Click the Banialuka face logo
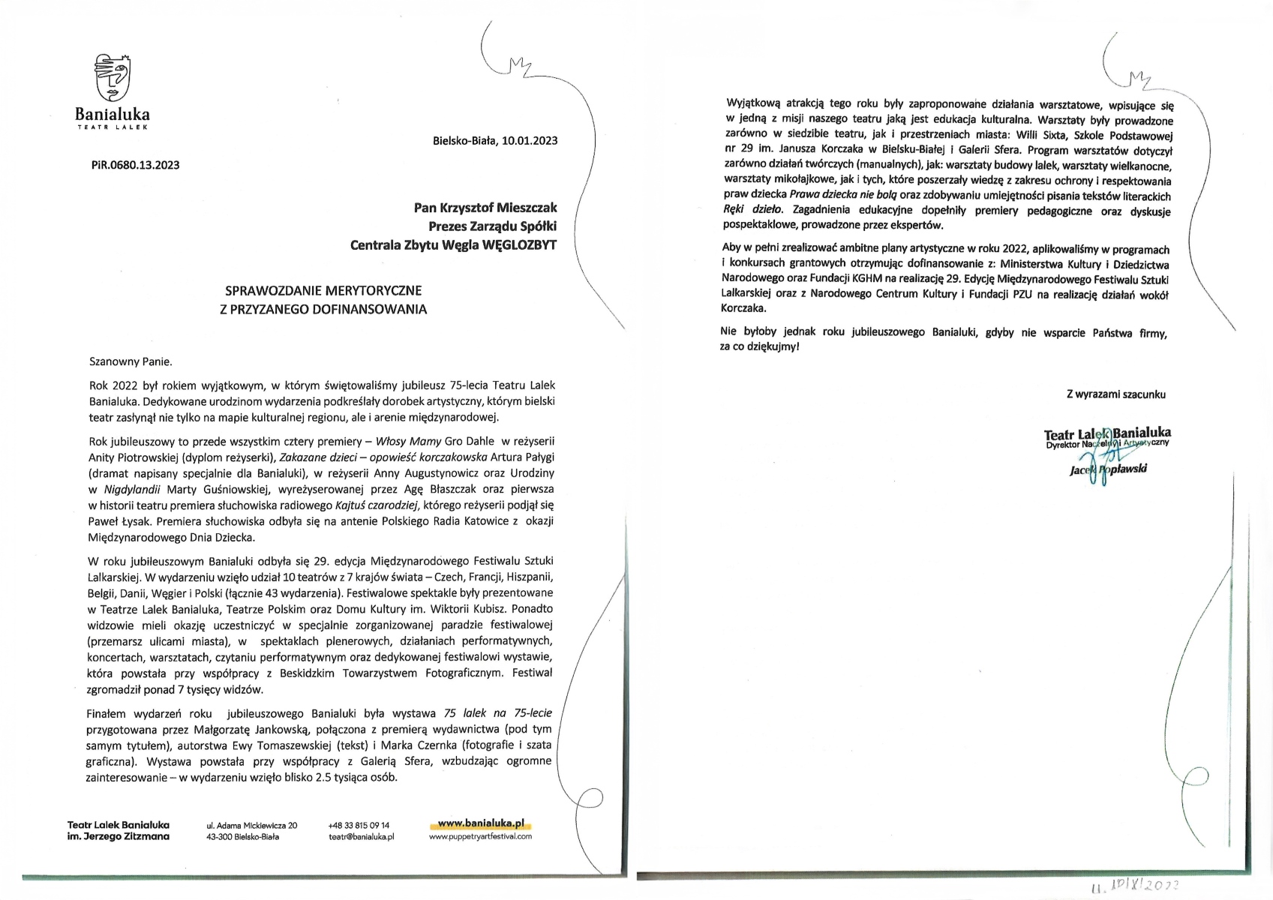point(112,77)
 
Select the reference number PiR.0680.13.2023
point(136,165)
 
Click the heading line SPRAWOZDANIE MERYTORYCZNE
point(323,290)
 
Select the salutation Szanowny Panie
point(131,361)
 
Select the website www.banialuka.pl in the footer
point(481,823)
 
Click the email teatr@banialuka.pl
point(362,836)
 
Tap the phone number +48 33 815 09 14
point(359,825)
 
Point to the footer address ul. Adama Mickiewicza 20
point(252,825)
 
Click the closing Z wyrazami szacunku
point(1116,394)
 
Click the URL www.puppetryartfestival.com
point(481,836)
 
